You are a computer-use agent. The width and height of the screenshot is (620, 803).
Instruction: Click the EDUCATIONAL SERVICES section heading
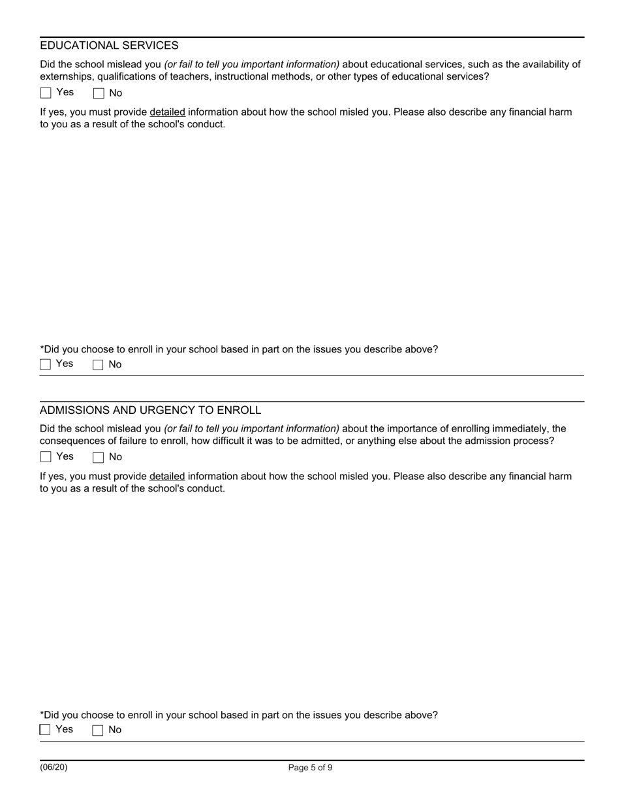click(109, 46)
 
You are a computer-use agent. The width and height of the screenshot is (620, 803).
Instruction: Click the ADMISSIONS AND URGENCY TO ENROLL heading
click(150, 410)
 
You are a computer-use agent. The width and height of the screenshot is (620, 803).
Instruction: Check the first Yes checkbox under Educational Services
click(46, 93)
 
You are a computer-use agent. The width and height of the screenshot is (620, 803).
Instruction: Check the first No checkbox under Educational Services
click(99, 93)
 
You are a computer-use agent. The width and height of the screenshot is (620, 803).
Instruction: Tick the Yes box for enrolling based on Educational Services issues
click(46, 364)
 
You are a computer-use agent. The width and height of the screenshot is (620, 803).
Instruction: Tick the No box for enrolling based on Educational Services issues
click(99, 365)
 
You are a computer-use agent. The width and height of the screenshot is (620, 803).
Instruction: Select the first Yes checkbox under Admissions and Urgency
click(46, 457)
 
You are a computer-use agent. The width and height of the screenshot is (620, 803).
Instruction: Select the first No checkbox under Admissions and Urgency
click(99, 458)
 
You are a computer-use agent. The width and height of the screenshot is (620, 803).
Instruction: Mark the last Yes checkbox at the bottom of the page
click(46, 730)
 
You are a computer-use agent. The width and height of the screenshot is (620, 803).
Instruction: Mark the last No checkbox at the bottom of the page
click(99, 731)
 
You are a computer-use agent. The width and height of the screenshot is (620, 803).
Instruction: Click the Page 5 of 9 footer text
click(310, 768)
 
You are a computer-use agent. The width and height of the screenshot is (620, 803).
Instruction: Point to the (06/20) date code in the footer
click(54, 767)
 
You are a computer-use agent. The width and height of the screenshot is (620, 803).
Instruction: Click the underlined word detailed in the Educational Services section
click(167, 112)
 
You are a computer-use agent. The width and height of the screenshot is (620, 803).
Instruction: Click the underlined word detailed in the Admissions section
click(167, 477)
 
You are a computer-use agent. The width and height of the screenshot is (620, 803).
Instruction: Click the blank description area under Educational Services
click(310, 235)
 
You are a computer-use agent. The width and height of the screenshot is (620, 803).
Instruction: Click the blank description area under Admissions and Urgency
click(310, 601)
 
